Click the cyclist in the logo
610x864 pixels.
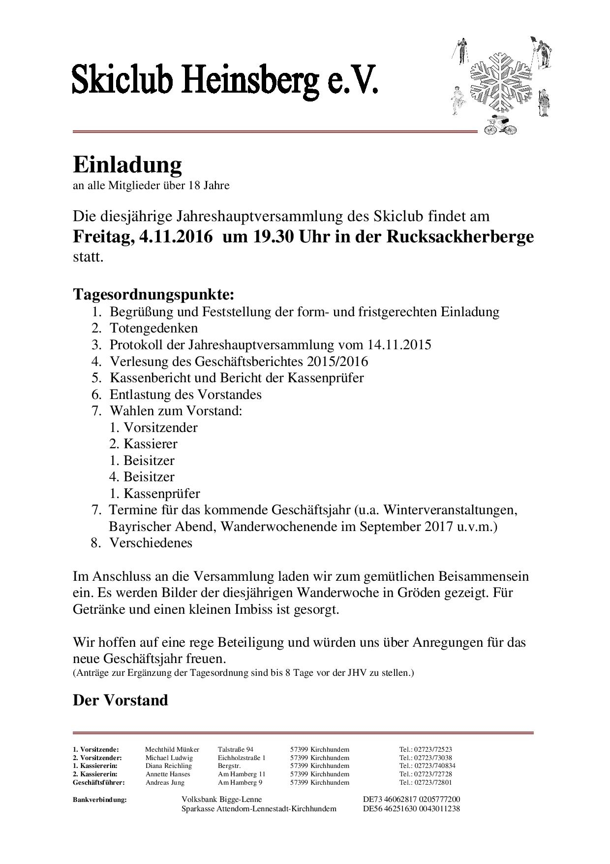(x=500, y=126)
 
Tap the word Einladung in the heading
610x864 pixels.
(x=127, y=165)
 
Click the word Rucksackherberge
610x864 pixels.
(x=459, y=236)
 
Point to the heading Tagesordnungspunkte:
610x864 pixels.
(x=153, y=294)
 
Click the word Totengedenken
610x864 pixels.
(x=153, y=328)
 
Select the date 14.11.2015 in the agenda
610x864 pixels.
(x=399, y=344)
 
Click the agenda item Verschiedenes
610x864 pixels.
(x=151, y=543)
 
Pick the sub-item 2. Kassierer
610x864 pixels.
(x=143, y=444)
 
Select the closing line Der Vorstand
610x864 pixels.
(x=121, y=700)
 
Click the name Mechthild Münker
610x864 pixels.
(x=172, y=750)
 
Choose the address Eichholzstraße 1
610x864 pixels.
(x=242, y=758)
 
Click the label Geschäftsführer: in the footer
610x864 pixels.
(x=99, y=782)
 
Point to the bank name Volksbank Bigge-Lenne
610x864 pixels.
(x=222, y=799)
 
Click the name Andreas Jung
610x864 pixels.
(x=165, y=782)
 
